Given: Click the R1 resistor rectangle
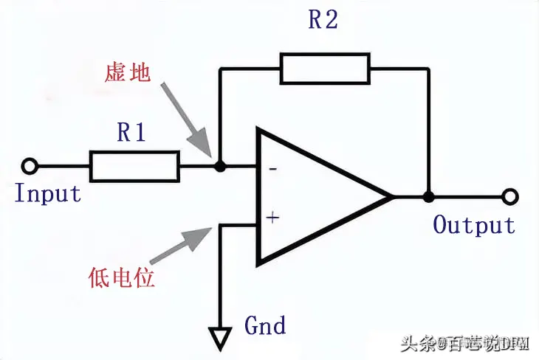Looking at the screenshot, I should pyautogui.click(x=134, y=166).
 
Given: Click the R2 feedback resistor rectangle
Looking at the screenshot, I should pyautogui.click(x=324, y=68).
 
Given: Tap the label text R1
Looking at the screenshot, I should pyautogui.click(x=133, y=133).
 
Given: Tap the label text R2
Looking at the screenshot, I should pyautogui.click(x=323, y=21).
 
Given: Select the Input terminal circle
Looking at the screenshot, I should pyautogui.click(x=29, y=166).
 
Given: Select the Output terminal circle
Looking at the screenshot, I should pyautogui.click(x=508, y=197).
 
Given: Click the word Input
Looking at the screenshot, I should pyautogui.click(x=48, y=194).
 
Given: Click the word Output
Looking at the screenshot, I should pyautogui.click(x=473, y=224).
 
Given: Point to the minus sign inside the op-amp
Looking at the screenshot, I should pyautogui.click(x=273, y=169).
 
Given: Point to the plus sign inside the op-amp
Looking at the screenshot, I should pyautogui.click(x=273, y=218).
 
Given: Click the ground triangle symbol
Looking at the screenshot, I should pyautogui.click(x=219, y=339).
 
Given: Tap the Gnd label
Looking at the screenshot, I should pyautogui.click(x=264, y=325).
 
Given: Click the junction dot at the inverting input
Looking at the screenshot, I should pyautogui.click(x=219, y=167).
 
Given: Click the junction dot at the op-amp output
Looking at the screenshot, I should pyautogui.click(x=428, y=197).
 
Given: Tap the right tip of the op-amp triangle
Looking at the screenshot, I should pyautogui.click(x=391, y=197).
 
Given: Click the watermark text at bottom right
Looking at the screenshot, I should pyautogui.click(x=465, y=343).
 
